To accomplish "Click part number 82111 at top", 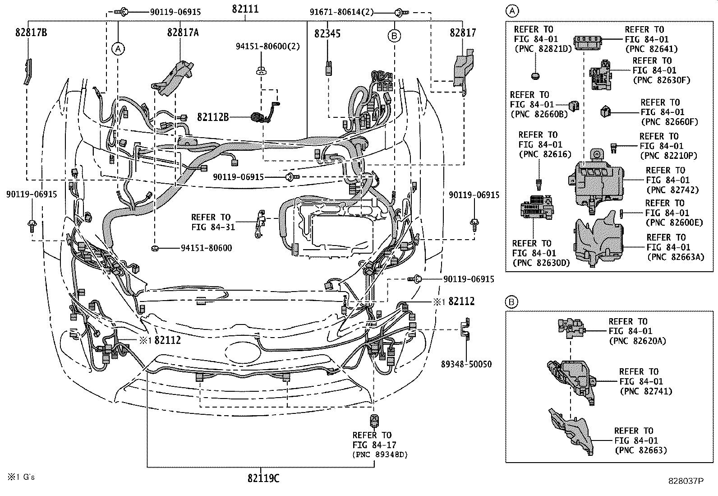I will click(x=245, y=9).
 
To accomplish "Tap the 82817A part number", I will click(x=183, y=32).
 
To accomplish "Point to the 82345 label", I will click(x=327, y=33).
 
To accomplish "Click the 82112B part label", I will click(x=212, y=117).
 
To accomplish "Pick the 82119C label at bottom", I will click(x=263, y=478).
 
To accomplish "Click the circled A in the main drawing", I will click(x=118, y=49).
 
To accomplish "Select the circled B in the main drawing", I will click(x=394, y=36).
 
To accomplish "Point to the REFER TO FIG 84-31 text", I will click(x=213, y=222).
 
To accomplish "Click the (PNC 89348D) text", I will click(x=380, y=454).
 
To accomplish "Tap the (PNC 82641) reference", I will click(x=651, y=49).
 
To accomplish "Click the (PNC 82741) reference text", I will click(x=646, y=391).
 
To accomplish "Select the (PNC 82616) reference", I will click(x=545, y=154).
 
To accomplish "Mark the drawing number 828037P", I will click(x=686, y=482).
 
